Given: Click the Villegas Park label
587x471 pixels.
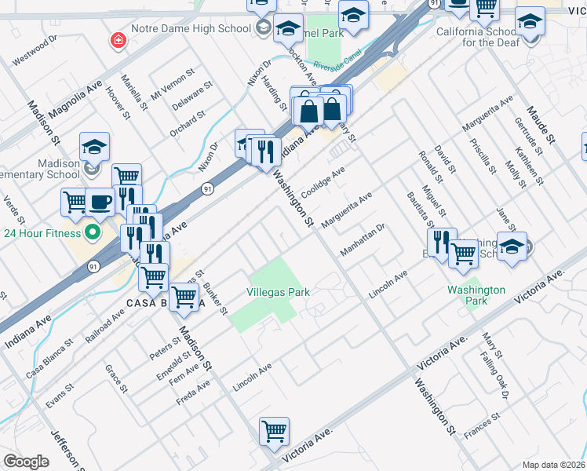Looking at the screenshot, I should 279,292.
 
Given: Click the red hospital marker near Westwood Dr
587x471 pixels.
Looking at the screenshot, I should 118,39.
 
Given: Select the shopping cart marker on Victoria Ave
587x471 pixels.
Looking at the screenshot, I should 275,431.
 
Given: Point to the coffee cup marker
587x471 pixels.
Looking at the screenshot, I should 100,202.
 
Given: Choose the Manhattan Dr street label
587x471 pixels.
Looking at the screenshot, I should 363,240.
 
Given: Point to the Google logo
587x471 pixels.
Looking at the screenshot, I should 26,462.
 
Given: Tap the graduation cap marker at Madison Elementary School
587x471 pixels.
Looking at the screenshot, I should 94,146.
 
